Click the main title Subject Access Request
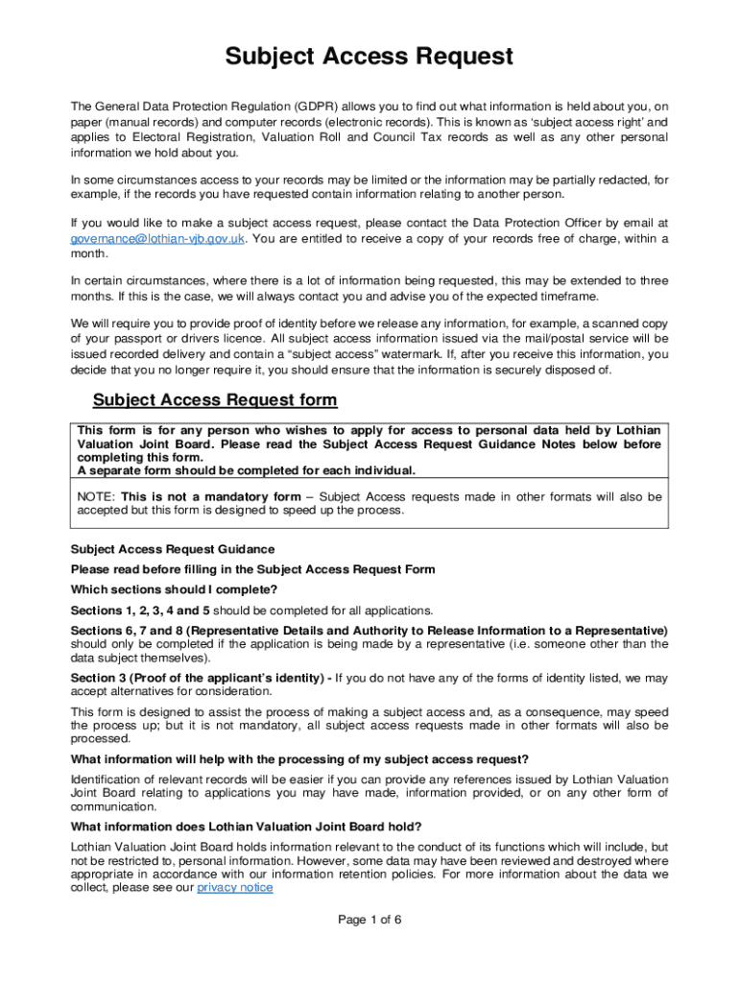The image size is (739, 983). click(x=369, y=58)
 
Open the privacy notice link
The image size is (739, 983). click(x=234, y=888)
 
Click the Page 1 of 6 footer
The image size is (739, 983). click(x=369, y=920)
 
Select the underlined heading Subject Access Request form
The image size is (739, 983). click(x=214, y=399)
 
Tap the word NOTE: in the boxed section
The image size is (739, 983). click(x=97, y=497)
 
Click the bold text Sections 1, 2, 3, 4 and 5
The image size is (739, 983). click(x=140, y=611)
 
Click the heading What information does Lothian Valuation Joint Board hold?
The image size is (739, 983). click(x=246, y=827)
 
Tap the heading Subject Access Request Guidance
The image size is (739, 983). click(x=173, y=549)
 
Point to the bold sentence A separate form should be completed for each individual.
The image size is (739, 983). click(x=247, y=471)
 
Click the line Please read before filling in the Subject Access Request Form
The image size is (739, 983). click(x=252, y=569)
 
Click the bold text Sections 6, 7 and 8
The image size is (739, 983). click(x=126, y=630)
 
